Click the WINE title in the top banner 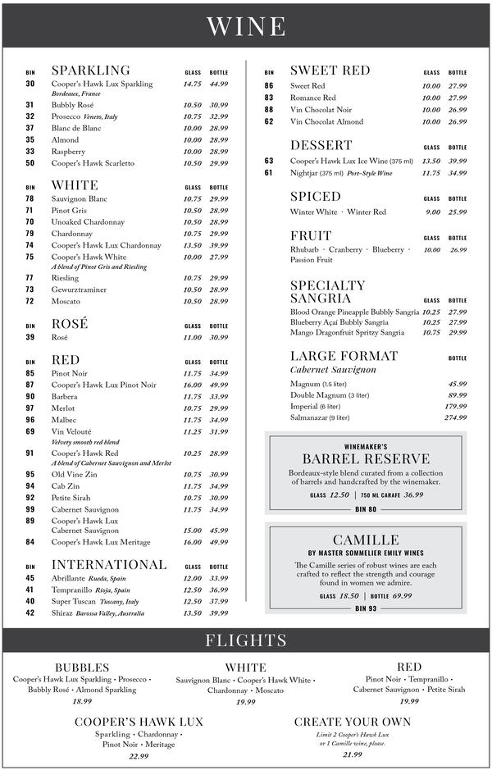click(246, 26)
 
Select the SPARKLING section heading click(90, 71)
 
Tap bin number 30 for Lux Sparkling click(30, 84)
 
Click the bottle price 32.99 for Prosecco click(218, 116)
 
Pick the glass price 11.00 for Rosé click(193, 337)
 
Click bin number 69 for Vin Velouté click(30, 431)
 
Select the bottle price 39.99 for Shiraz click(218, 613)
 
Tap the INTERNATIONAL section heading click(109, 565)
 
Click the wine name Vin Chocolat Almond click(326, 121)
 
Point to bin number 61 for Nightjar click(269, 173)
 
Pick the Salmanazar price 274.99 click(455, 417)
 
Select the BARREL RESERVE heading click(366, 458)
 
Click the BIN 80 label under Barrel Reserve click(366, 509)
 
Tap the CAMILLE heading click(366, 540)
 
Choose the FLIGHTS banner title click(246, 640)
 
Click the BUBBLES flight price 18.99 click(82, 701)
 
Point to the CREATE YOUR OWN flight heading click(353, 722)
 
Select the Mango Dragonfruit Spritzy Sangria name click(347, 333)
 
